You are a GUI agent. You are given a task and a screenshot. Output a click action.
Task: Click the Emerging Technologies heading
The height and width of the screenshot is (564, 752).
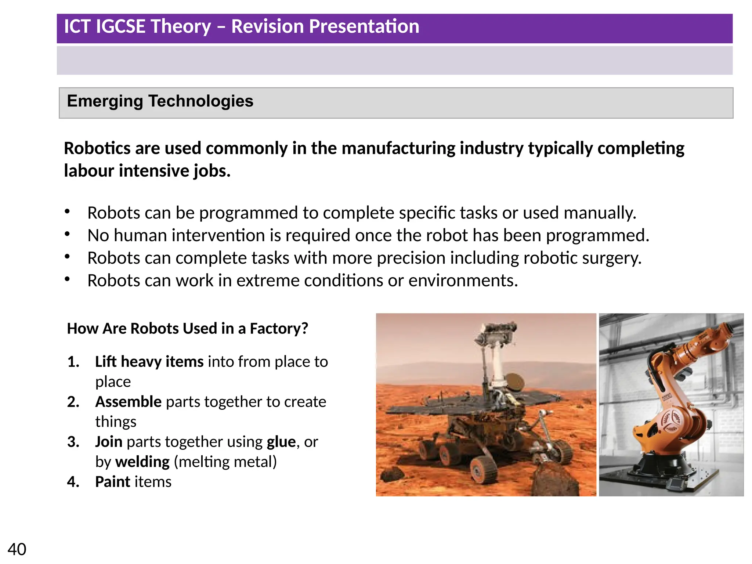[160, 101]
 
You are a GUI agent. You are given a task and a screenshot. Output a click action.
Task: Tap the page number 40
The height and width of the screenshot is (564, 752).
[17, 549]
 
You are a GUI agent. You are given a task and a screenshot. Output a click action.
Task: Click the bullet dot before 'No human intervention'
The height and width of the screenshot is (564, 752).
[67, 234]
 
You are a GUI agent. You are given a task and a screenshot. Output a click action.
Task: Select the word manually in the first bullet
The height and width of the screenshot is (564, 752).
[599, 213]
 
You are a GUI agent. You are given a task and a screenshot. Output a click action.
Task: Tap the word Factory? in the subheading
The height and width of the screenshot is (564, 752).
[279, 328]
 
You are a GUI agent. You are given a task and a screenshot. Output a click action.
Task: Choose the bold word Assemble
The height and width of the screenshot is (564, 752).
[128, 402]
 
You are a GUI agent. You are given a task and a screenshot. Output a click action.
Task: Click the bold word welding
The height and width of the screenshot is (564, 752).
[142, 462]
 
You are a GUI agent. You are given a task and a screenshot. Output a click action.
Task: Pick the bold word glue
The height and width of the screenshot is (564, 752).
[281, 442]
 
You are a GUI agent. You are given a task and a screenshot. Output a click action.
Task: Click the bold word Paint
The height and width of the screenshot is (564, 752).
[113, 482]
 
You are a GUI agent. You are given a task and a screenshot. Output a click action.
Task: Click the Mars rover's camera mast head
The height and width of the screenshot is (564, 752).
[496, 332]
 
